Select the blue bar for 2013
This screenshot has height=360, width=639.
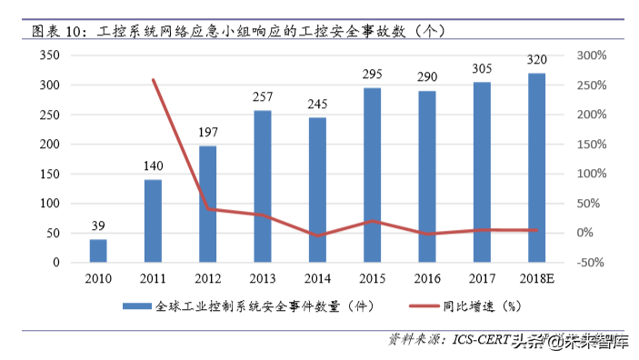262,186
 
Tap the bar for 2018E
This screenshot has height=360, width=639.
536,167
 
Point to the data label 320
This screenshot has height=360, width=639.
536,61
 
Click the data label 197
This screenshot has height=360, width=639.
207,134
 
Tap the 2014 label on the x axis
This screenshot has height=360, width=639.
316,277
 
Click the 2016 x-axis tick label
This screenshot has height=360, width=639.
426,277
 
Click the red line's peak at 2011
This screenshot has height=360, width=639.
153,79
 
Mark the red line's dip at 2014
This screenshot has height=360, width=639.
316,236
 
